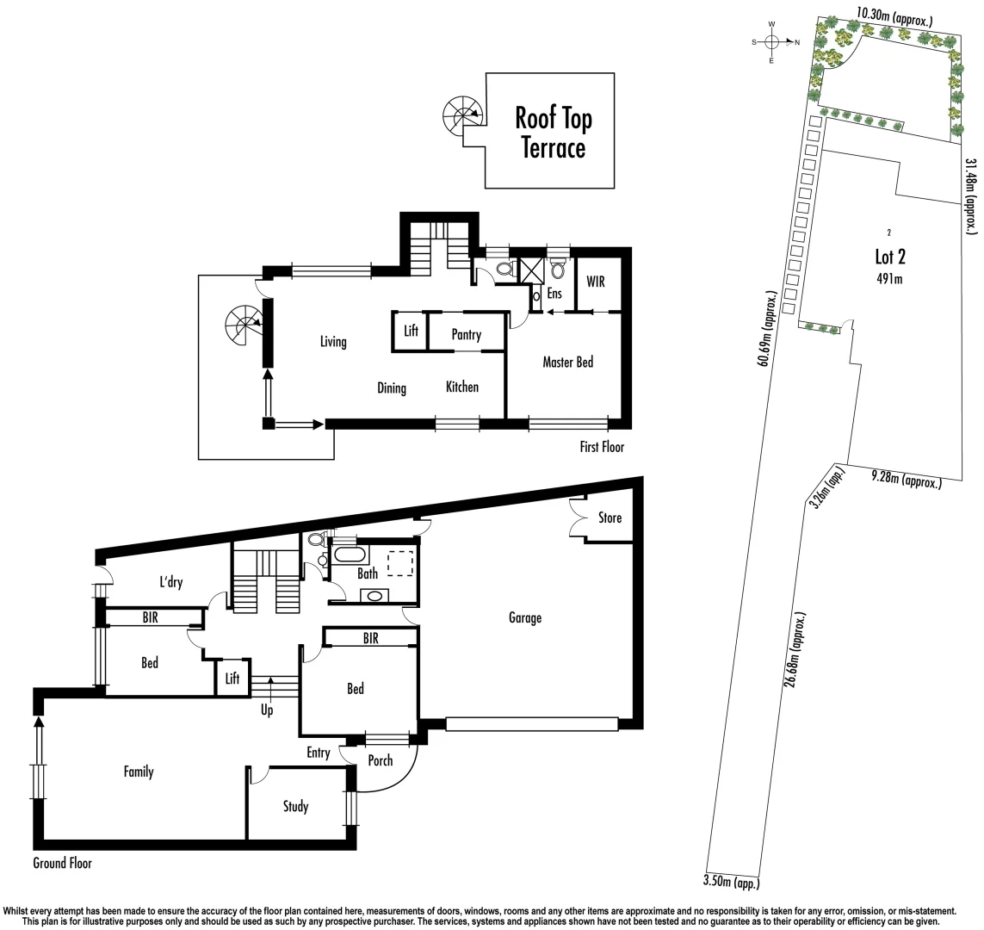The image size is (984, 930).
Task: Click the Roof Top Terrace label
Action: click(553, 133)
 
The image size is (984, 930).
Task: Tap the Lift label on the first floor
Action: click(411, 332)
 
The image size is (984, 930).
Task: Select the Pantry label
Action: click(466, 335)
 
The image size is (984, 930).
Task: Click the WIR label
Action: click(597, 282)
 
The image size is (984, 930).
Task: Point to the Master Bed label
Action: click(567, 363)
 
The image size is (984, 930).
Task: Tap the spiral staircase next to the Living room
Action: click(244, 325)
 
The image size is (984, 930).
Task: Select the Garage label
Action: click(524, 617)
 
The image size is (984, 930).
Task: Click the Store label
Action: click(610, 518)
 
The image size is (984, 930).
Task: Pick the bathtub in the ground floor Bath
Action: click(350, 555)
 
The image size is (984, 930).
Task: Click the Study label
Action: click(295, 807)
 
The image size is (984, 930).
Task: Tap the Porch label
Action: click(380, 760)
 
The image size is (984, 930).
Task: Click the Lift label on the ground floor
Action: click(232, 679)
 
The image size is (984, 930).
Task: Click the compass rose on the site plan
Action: click(771, 41)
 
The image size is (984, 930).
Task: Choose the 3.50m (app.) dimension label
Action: click(732, 880)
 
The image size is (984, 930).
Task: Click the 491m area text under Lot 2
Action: click(889, 277)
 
